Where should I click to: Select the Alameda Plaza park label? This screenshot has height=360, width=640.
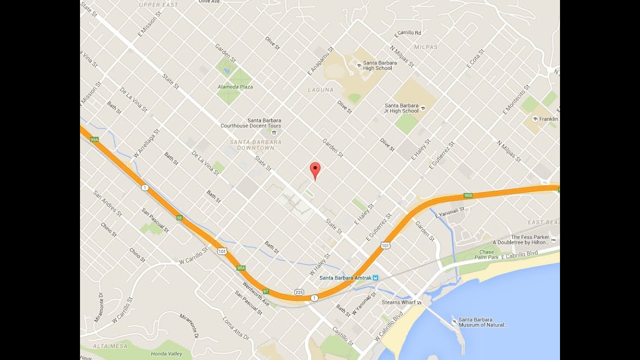coord(235,86)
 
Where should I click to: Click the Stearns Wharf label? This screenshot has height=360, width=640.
coord(398,302)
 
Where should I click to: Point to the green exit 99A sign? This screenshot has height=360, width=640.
coord(94,139)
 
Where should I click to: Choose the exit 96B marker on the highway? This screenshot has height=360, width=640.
coord(468,195)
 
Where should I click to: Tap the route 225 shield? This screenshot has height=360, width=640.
coord(299,292)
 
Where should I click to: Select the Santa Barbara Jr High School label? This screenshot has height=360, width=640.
coord(401,108)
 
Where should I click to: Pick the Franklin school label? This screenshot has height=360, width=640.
coord(548,119)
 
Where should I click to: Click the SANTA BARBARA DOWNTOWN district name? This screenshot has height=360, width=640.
coord(255,145)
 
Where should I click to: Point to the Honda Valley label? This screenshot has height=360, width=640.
coord(167,354)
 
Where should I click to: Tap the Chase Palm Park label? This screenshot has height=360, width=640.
coord(486,254)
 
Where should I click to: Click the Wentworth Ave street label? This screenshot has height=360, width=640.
coord(256,294)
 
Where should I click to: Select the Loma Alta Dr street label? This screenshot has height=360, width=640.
coord(235,328)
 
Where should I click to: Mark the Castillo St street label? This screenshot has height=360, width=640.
coord(343,336)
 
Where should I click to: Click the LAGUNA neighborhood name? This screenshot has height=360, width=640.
coord(320,90)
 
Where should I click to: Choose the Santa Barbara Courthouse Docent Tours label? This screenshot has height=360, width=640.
coord(250,123)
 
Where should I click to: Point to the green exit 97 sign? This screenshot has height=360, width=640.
coord(266,291)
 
